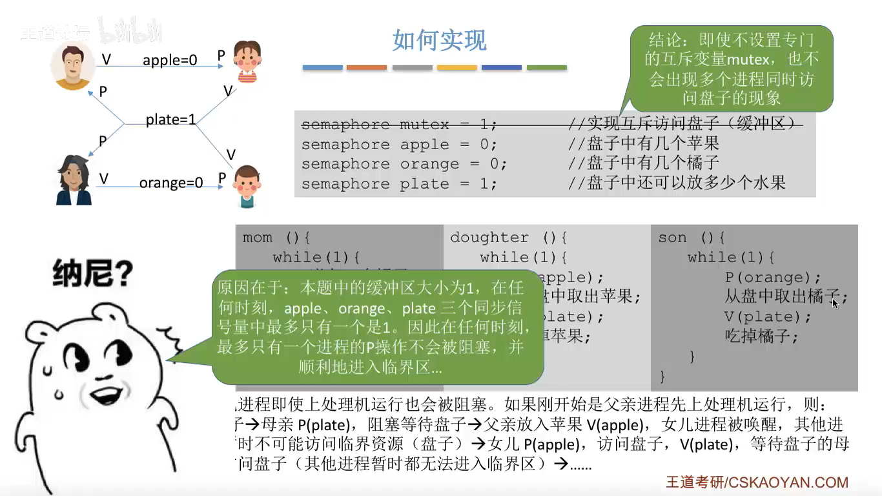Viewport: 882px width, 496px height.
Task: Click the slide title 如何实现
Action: pos(439,41)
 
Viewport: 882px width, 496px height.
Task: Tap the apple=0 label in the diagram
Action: pos(170,60)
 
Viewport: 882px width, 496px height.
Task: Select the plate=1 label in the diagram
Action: pos(170,119)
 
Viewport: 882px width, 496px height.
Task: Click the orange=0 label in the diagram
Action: pos(171,183)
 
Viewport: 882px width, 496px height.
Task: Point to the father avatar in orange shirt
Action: pos(72,67)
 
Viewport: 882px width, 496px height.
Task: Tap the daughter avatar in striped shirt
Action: pos(247,62)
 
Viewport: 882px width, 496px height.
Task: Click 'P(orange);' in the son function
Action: pos(772,278)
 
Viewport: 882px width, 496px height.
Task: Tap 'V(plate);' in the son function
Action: pos(767,317)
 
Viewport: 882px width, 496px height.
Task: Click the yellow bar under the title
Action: pos(456,67)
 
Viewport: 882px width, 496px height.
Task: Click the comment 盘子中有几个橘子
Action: pos(653,163)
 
